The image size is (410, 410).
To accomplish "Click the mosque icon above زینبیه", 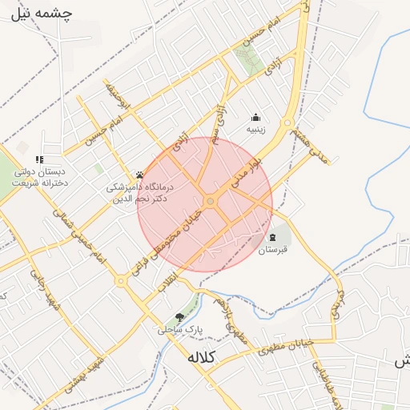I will click(x=256, y=117).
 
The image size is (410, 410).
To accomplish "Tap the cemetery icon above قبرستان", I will click(x=273, y=238).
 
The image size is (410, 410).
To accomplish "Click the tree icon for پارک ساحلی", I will click(x=179, y=317).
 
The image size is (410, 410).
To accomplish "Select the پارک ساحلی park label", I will click(x=180, y=329).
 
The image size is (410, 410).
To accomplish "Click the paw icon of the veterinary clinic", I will click(x=139, y=174).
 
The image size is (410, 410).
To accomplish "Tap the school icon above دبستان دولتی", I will click(x=38, y=159).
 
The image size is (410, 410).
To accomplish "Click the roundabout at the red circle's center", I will click(x=211, y=202).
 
